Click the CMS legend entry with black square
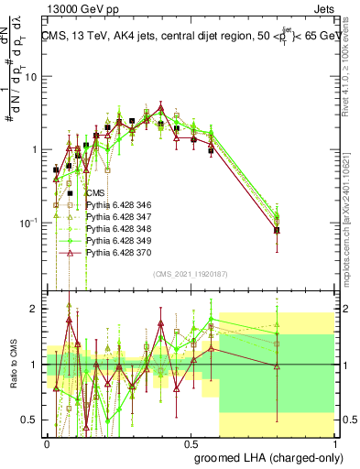coord(94,193)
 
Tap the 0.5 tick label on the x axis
coord(191,442)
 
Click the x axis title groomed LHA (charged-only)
coord(265,455)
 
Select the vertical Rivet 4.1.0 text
coord(351,64)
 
